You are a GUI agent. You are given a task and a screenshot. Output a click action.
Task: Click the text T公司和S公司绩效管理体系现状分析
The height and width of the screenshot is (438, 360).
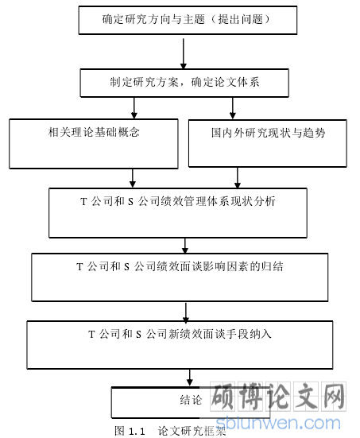click(x=178, y=201)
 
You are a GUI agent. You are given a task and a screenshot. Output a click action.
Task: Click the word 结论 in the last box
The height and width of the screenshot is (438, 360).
click(x=191, y=400)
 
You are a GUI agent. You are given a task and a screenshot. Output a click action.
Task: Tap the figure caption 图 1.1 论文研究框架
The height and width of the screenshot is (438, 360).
click(x=170, y=431)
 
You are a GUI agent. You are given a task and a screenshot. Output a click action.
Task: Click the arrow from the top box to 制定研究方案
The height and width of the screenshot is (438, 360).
click(x=184, y=53)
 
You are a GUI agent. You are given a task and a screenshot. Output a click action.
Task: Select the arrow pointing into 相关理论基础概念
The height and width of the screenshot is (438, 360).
click(x=134, y=108)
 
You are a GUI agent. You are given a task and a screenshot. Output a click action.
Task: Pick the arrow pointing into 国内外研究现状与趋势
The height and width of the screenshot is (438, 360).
click(x=233, y=108)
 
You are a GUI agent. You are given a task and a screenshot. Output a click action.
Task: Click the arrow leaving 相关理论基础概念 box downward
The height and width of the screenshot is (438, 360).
click(x=133, y=178)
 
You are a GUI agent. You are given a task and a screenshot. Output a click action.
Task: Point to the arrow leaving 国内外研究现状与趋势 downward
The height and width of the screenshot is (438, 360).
click(x=238, y=177)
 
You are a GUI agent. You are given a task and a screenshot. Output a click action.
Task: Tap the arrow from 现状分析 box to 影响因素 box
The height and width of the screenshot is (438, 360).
click(x=185, y=246)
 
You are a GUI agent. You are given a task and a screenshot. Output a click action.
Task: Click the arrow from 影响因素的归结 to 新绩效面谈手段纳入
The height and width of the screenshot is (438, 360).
click(x=186, y=312)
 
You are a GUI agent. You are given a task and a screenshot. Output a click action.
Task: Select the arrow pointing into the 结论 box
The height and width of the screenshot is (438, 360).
click(x=190, y=378)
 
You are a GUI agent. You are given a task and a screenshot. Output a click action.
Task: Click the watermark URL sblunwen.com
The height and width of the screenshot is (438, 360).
click(x=278, y=423)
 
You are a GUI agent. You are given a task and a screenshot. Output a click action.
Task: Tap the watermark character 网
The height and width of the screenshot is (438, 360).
click(x=334, y=396)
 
